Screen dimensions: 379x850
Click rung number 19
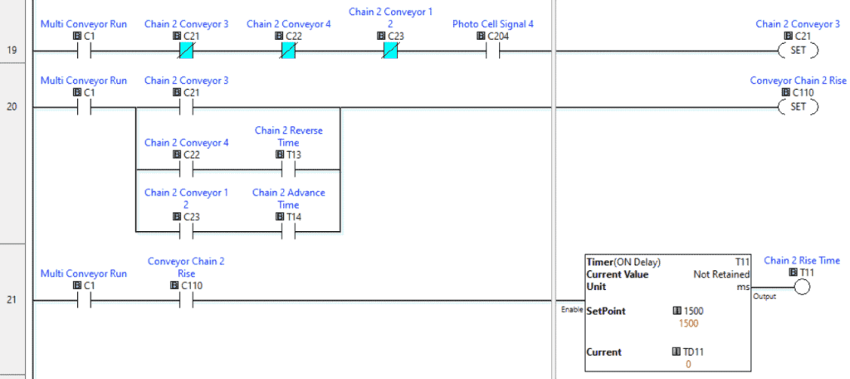tap(12, 51)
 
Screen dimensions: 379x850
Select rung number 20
tap(12, 107)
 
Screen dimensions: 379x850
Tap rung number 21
tap(12, 300)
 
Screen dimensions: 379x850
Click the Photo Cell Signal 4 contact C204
tap(493, 51)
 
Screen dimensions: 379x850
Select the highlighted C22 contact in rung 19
tap(288, 51)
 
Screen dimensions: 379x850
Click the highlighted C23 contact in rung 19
tap(390, 51)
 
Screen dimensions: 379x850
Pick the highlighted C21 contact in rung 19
tap(186, 51)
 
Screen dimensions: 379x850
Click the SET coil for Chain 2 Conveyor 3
tap(798, 51)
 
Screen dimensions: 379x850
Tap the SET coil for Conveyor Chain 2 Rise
tap(798, 107)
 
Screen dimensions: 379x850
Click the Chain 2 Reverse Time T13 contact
tap(288, 170)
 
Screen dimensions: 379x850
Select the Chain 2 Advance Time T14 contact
tap(288, 231)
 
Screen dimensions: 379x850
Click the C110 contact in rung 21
tap(186, 300)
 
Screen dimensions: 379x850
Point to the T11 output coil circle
tap(801, 288)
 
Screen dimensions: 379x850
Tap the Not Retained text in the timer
tap(721, 274)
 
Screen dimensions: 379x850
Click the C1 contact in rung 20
tap(83, 107)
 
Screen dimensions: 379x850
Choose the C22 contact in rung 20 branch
tap(186, 170)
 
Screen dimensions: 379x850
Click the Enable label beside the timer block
tap(572, 309)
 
